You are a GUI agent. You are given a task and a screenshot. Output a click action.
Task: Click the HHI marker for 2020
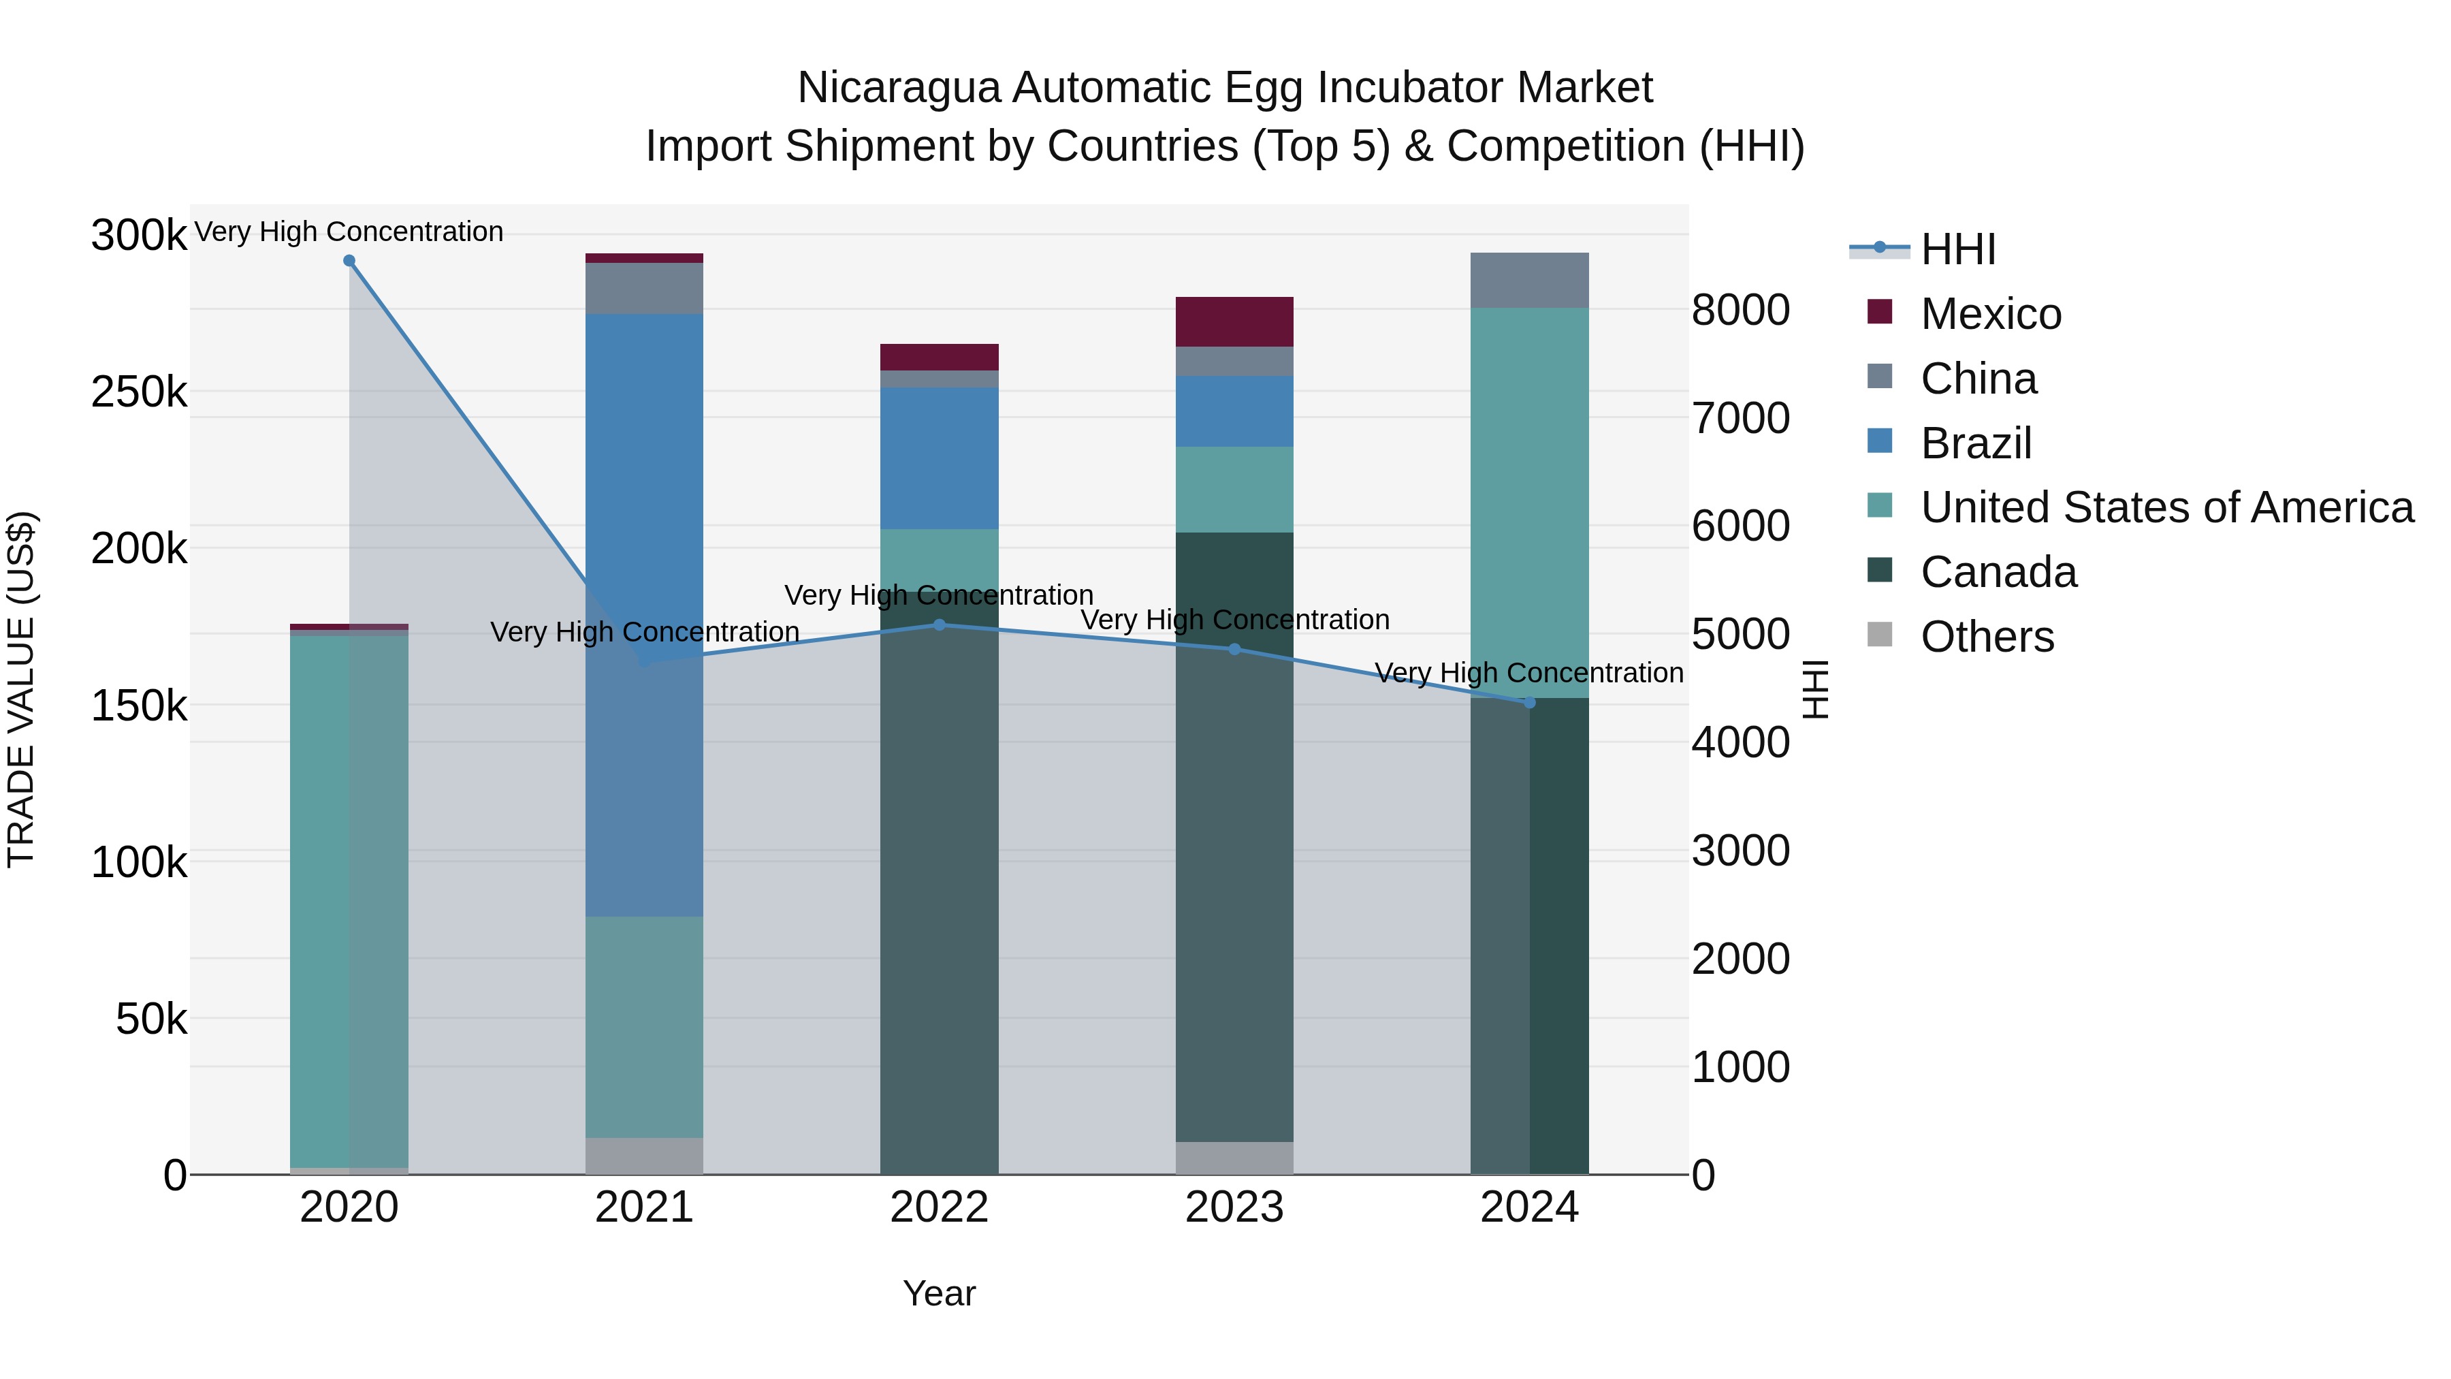click(x=349, y=261)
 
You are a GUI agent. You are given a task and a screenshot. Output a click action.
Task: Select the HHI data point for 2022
click(x=939, y=625)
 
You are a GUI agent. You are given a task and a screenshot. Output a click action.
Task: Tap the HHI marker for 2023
click(x=1234, y=649)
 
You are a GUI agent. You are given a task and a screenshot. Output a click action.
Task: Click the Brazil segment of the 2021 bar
click(x=644, y=476)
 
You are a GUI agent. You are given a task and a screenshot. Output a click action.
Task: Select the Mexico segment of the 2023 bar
click(x=1234, y=321)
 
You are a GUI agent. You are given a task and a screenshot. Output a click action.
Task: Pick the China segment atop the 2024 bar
click(x=1529, y=281)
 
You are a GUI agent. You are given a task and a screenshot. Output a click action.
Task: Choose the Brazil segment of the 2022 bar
click(x=939, y=458)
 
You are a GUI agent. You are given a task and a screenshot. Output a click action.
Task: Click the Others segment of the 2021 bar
click(x=644, y=1156)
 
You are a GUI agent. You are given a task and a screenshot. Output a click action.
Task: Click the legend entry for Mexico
click(x=1991, y=314)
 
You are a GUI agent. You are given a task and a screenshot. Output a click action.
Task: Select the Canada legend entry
click(x=1998, y=572)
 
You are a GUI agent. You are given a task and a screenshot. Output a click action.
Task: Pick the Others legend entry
click(x=1987, y=637)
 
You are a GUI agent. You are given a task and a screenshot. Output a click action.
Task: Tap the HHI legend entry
click(x=1958, y=249)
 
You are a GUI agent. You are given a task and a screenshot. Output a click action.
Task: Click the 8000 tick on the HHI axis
click(x=1740, y=311)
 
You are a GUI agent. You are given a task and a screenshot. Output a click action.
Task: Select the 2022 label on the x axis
click(x=939, y=1207)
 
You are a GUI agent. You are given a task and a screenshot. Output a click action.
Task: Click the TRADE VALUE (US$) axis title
click(x=21, y=689)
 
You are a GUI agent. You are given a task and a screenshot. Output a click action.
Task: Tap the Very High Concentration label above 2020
click(x=349, y=232)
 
